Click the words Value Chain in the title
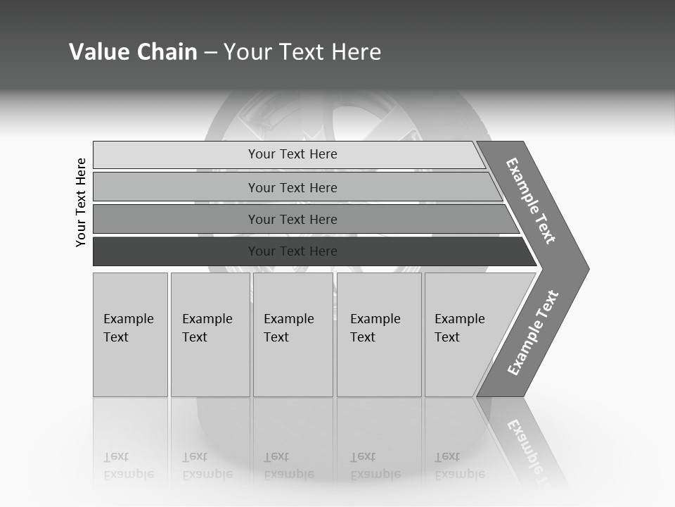tap(133, 52)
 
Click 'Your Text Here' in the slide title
tap(302, 52)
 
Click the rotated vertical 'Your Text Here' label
tap(81, 202)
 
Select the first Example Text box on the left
tap(130, 334)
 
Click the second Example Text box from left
tap(210, 334)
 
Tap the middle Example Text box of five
tap(292, 334)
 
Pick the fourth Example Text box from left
tap(379, 334)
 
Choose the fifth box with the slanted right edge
tap(464, 334)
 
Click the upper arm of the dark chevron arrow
tap(532, 200)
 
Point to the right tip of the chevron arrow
tap(585, 268)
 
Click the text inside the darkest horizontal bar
tap(292, 251)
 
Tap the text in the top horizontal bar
tap(292, 154)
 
